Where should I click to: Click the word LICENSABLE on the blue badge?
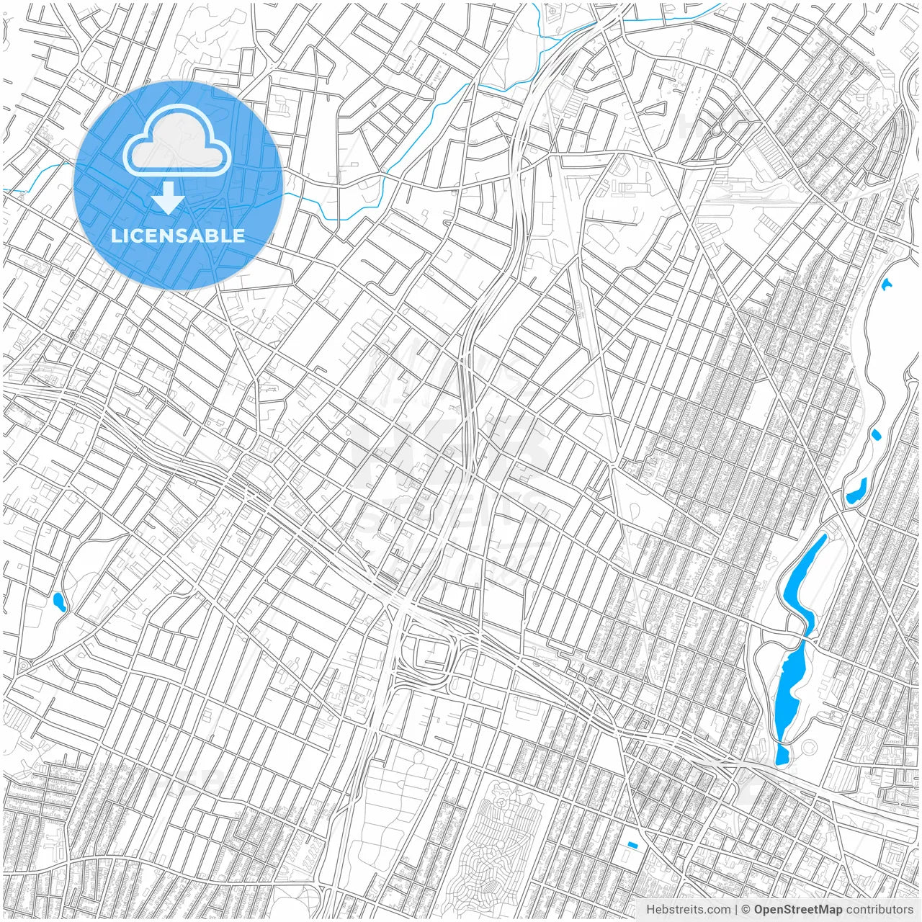177,236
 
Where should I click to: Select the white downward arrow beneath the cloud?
169,198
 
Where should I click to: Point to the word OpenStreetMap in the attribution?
797,910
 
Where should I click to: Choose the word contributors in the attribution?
880,910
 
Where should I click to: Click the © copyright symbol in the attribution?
746,910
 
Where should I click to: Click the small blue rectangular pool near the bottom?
632,845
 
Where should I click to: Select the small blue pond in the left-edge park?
59,602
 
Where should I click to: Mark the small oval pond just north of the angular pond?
876,435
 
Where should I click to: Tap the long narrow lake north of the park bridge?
802,576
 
